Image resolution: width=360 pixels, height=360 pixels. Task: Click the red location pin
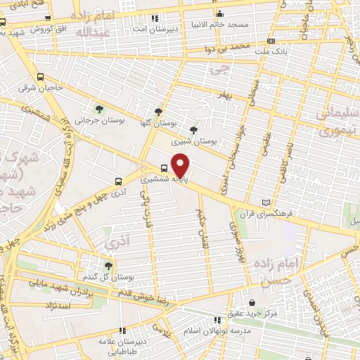coord(181,165)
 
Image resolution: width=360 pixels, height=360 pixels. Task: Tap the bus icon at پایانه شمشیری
coord(164,168)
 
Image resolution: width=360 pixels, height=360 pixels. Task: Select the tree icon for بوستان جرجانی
coord(98,109)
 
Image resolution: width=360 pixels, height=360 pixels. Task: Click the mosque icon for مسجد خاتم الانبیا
coord(220,13)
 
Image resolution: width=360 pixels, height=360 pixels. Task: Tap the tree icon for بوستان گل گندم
coord(108,266)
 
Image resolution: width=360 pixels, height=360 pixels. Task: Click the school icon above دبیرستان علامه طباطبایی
coord(122,330)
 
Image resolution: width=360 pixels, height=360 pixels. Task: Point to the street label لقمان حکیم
coord(202,209)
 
